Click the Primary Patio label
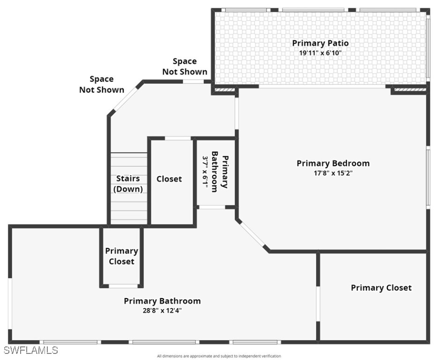pos(320,43)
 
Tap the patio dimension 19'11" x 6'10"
pos(320,53)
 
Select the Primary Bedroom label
pos(333,163)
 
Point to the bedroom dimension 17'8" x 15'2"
pos(333,173)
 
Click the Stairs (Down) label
pos(128,184)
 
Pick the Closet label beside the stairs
pos(169,179)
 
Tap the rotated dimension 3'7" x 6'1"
pos(205,172)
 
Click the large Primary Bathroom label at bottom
pos(162,301)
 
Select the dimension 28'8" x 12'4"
pos(162,310)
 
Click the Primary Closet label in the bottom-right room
pos(381,288)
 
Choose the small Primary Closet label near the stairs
pos(121,256)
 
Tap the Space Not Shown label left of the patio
pos(185,67)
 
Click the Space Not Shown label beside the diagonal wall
pos(102,84)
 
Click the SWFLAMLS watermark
pos(31,350)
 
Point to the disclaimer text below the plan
pos(219,356)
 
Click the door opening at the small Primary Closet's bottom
pos(123,286)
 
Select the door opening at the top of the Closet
pos(178,138)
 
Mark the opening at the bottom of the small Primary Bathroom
pos(212,207)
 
